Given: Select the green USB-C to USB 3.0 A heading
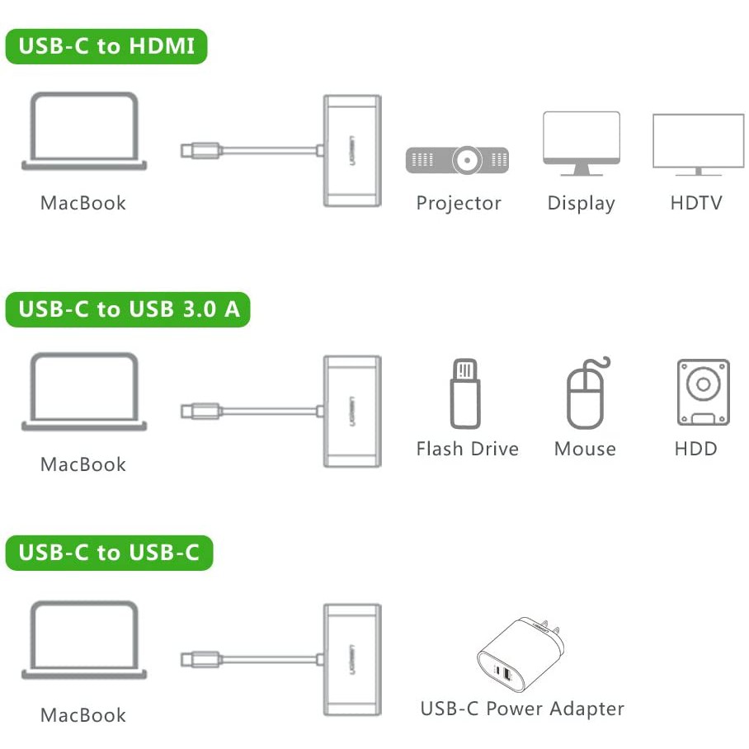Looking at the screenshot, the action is (128, 309).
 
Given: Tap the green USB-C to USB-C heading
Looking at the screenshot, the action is (109, 552).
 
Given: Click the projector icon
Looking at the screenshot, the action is (457, 159).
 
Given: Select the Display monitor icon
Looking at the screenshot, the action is (581, 142).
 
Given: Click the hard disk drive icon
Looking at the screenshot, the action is (703, 392).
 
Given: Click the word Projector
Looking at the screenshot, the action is (459, 203).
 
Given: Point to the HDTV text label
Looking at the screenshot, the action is (696, 203).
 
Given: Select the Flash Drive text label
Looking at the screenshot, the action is (467, 449).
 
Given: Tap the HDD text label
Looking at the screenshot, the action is (695, 449).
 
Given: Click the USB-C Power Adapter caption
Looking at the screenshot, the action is (522, 709).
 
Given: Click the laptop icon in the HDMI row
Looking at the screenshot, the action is (84, 132).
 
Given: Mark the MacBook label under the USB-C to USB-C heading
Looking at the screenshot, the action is (83, 715).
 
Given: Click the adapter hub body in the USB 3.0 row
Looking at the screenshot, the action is (352, 411).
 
